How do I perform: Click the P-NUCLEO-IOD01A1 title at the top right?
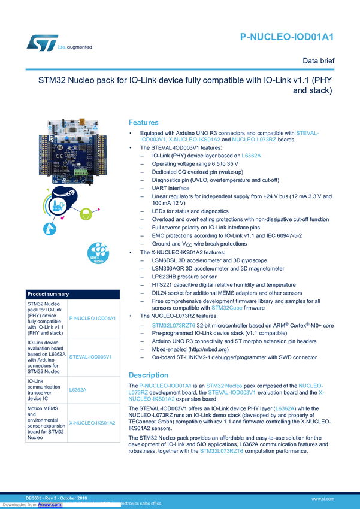(286, 38)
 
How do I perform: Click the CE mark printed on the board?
(57, 157)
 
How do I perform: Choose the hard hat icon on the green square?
(86, 213)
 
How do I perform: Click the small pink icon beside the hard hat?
(100, 209)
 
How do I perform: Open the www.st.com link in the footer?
(323, 498)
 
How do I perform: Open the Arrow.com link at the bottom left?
(50, 504)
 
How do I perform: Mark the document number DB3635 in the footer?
(35, 498)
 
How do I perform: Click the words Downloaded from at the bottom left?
(19, 504)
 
